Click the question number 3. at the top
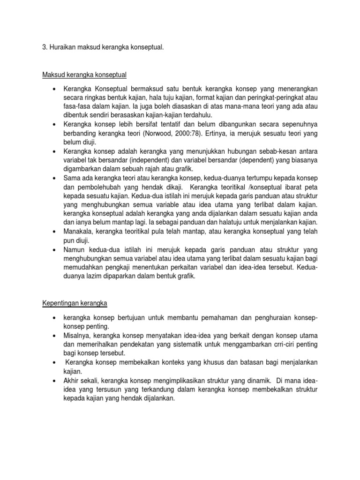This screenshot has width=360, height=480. click(40, 47)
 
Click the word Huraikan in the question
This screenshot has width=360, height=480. click(60, 47)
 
